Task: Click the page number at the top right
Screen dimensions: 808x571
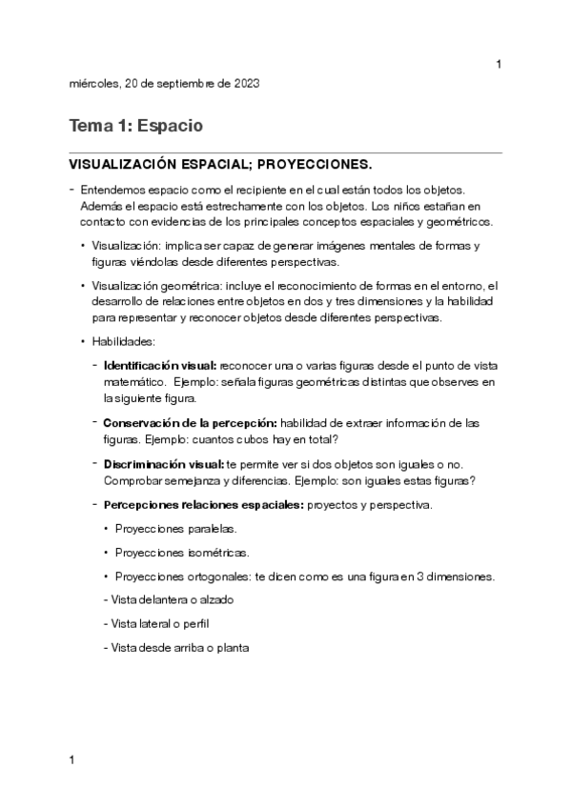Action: pos(499,64)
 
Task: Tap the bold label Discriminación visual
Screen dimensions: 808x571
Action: pos(164,463)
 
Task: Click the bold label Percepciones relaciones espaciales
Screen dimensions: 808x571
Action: pos(203,504)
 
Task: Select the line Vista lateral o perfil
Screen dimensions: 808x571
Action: pos(161,624)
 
